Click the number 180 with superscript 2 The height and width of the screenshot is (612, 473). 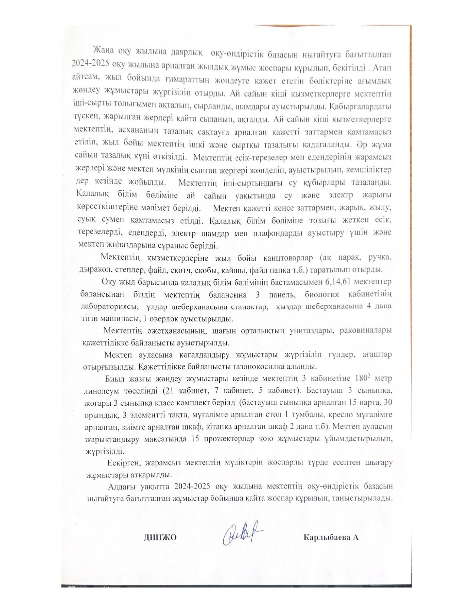tap(363, 379)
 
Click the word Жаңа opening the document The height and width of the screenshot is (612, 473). tap(104, 50)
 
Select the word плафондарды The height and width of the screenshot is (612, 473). tap(284, 233)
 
